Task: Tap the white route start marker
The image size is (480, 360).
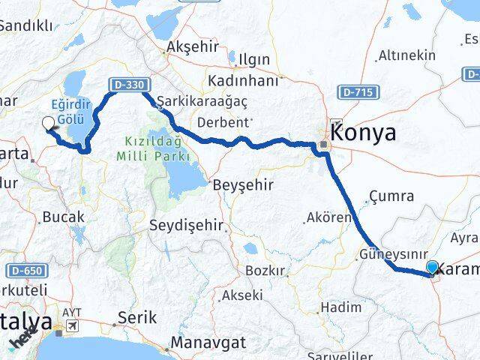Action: tap(49, 124)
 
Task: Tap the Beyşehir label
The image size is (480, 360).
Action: tap(243, 184)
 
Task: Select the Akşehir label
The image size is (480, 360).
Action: tap(193, 46)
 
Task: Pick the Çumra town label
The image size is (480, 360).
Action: tap(390, 196)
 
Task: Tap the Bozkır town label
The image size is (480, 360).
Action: tap(265, 271)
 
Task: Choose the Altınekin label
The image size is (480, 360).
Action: tap(406, 55)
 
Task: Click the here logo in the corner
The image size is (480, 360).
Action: tap(22, 342)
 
